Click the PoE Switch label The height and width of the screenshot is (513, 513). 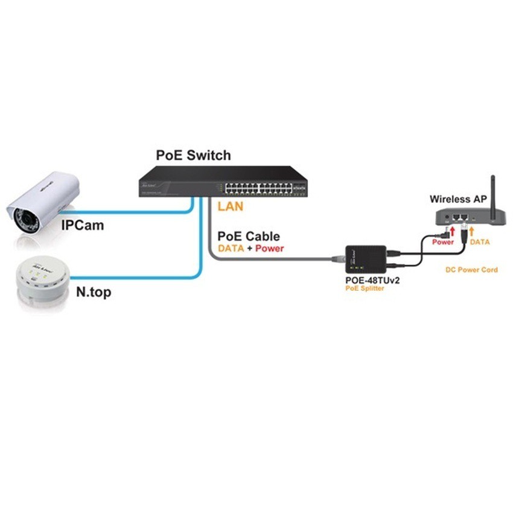point(193,155)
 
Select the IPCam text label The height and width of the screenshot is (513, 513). point(82,226)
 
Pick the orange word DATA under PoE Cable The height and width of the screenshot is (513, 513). point(231,248)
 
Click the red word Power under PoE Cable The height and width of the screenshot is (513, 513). point(269,248)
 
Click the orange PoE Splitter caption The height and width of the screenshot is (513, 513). point(365,289)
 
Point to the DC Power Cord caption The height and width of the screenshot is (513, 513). point(472,270)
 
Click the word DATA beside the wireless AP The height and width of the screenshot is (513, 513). point(480,241)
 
